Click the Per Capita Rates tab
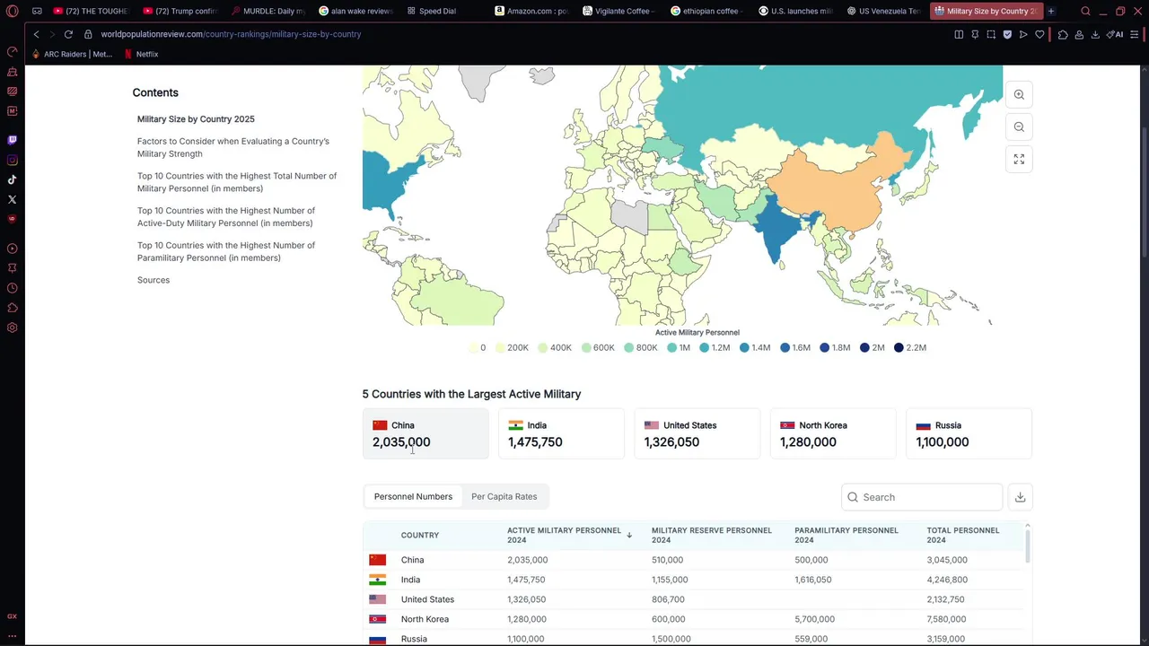click(x=504, y=496)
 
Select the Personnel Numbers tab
click(x=413, y=496)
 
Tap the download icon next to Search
click(x=1020, y=497)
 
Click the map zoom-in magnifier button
click(x=1019, y=94)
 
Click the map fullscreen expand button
click(x=1019, y=159)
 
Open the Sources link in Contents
click(x=153, y=280)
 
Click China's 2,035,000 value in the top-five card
click(x=401, y=442)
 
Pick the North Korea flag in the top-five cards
click(x=787, y=425)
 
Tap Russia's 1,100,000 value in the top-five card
click(x=942, y=442)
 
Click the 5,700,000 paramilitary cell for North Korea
click(x=814, y=619)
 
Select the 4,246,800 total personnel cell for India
click(x=947, y=580)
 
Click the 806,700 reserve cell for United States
click(x=668, y=599)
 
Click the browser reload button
click(x=68, y=34)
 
